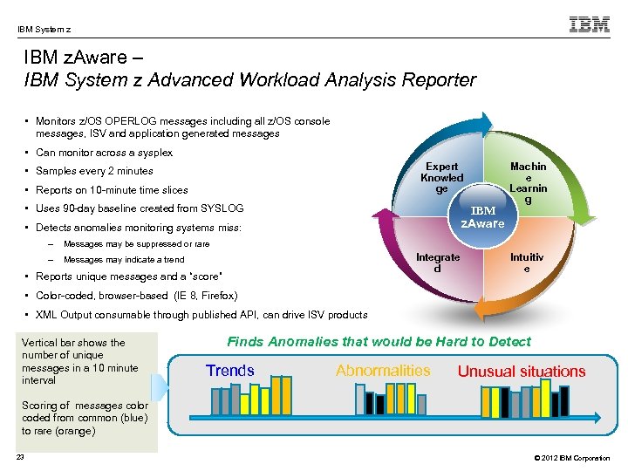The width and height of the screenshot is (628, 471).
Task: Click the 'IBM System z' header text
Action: click(x=44, y=29)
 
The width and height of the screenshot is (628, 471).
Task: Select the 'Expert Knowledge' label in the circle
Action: click(x=441, y=177)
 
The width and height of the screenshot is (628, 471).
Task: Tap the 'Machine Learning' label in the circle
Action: click(x=528, y=183)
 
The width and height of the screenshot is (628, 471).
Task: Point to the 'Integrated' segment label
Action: click(x=438, y=263)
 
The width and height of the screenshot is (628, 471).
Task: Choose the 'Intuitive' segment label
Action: click(x=527, y=263)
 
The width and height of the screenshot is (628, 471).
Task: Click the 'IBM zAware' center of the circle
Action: click(x=482, y=216)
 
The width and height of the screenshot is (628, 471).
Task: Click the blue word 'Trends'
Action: click(x=229, y=371)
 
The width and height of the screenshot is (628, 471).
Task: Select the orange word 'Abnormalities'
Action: click(x=383, y=371)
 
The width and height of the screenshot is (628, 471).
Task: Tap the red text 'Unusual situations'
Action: click(x=522, y=372)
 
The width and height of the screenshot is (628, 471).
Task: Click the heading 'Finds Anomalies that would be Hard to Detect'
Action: click(x=379, y=342)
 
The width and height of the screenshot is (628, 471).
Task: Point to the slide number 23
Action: click(x=20, y=459)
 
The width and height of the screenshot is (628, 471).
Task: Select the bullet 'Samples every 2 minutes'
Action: click(x=93, y=171)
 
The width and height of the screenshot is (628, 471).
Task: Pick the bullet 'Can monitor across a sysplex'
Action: click(x=104, y=153)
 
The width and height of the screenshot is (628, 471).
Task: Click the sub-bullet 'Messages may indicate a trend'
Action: click(x=124, y=260)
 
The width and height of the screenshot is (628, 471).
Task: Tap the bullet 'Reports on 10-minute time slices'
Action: click(x=112, y=190)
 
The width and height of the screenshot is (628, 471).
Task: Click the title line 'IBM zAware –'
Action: click(x=79, y=59)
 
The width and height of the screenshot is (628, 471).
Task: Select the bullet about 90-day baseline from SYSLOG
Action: click(x=139, y=208)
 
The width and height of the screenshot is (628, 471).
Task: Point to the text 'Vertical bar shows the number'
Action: click(x=73, y=343)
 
